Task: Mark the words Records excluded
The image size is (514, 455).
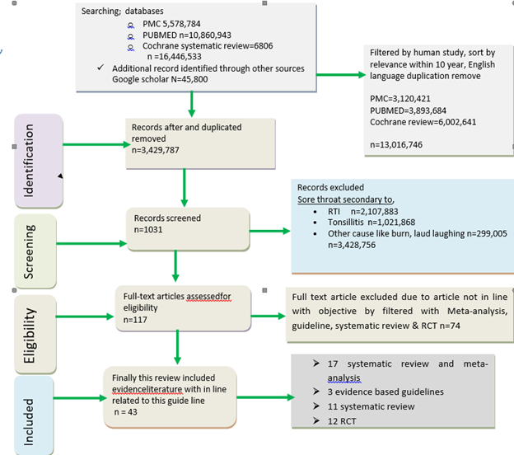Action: (x=329, y=187)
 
